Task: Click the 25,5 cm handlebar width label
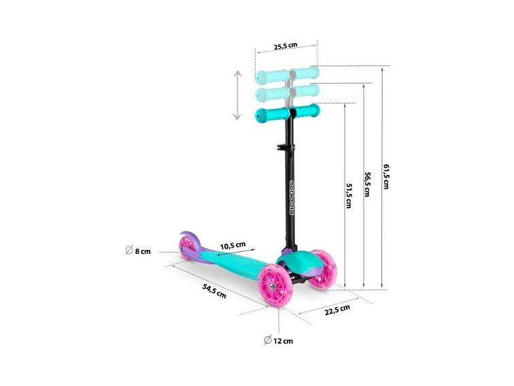(x=286, y=46)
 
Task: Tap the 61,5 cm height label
(x=386, y=176)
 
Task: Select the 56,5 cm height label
(x=367, y=184)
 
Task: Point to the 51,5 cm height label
(x=349, y=195)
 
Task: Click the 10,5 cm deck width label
(x=233, y=246)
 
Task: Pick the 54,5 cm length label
(x=214, y=291)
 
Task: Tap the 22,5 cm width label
(x=337, y=310)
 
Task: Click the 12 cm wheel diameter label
(x=283, y=341)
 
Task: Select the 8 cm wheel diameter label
(x=143, y=251)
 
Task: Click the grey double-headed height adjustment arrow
(x=237, y=95)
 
